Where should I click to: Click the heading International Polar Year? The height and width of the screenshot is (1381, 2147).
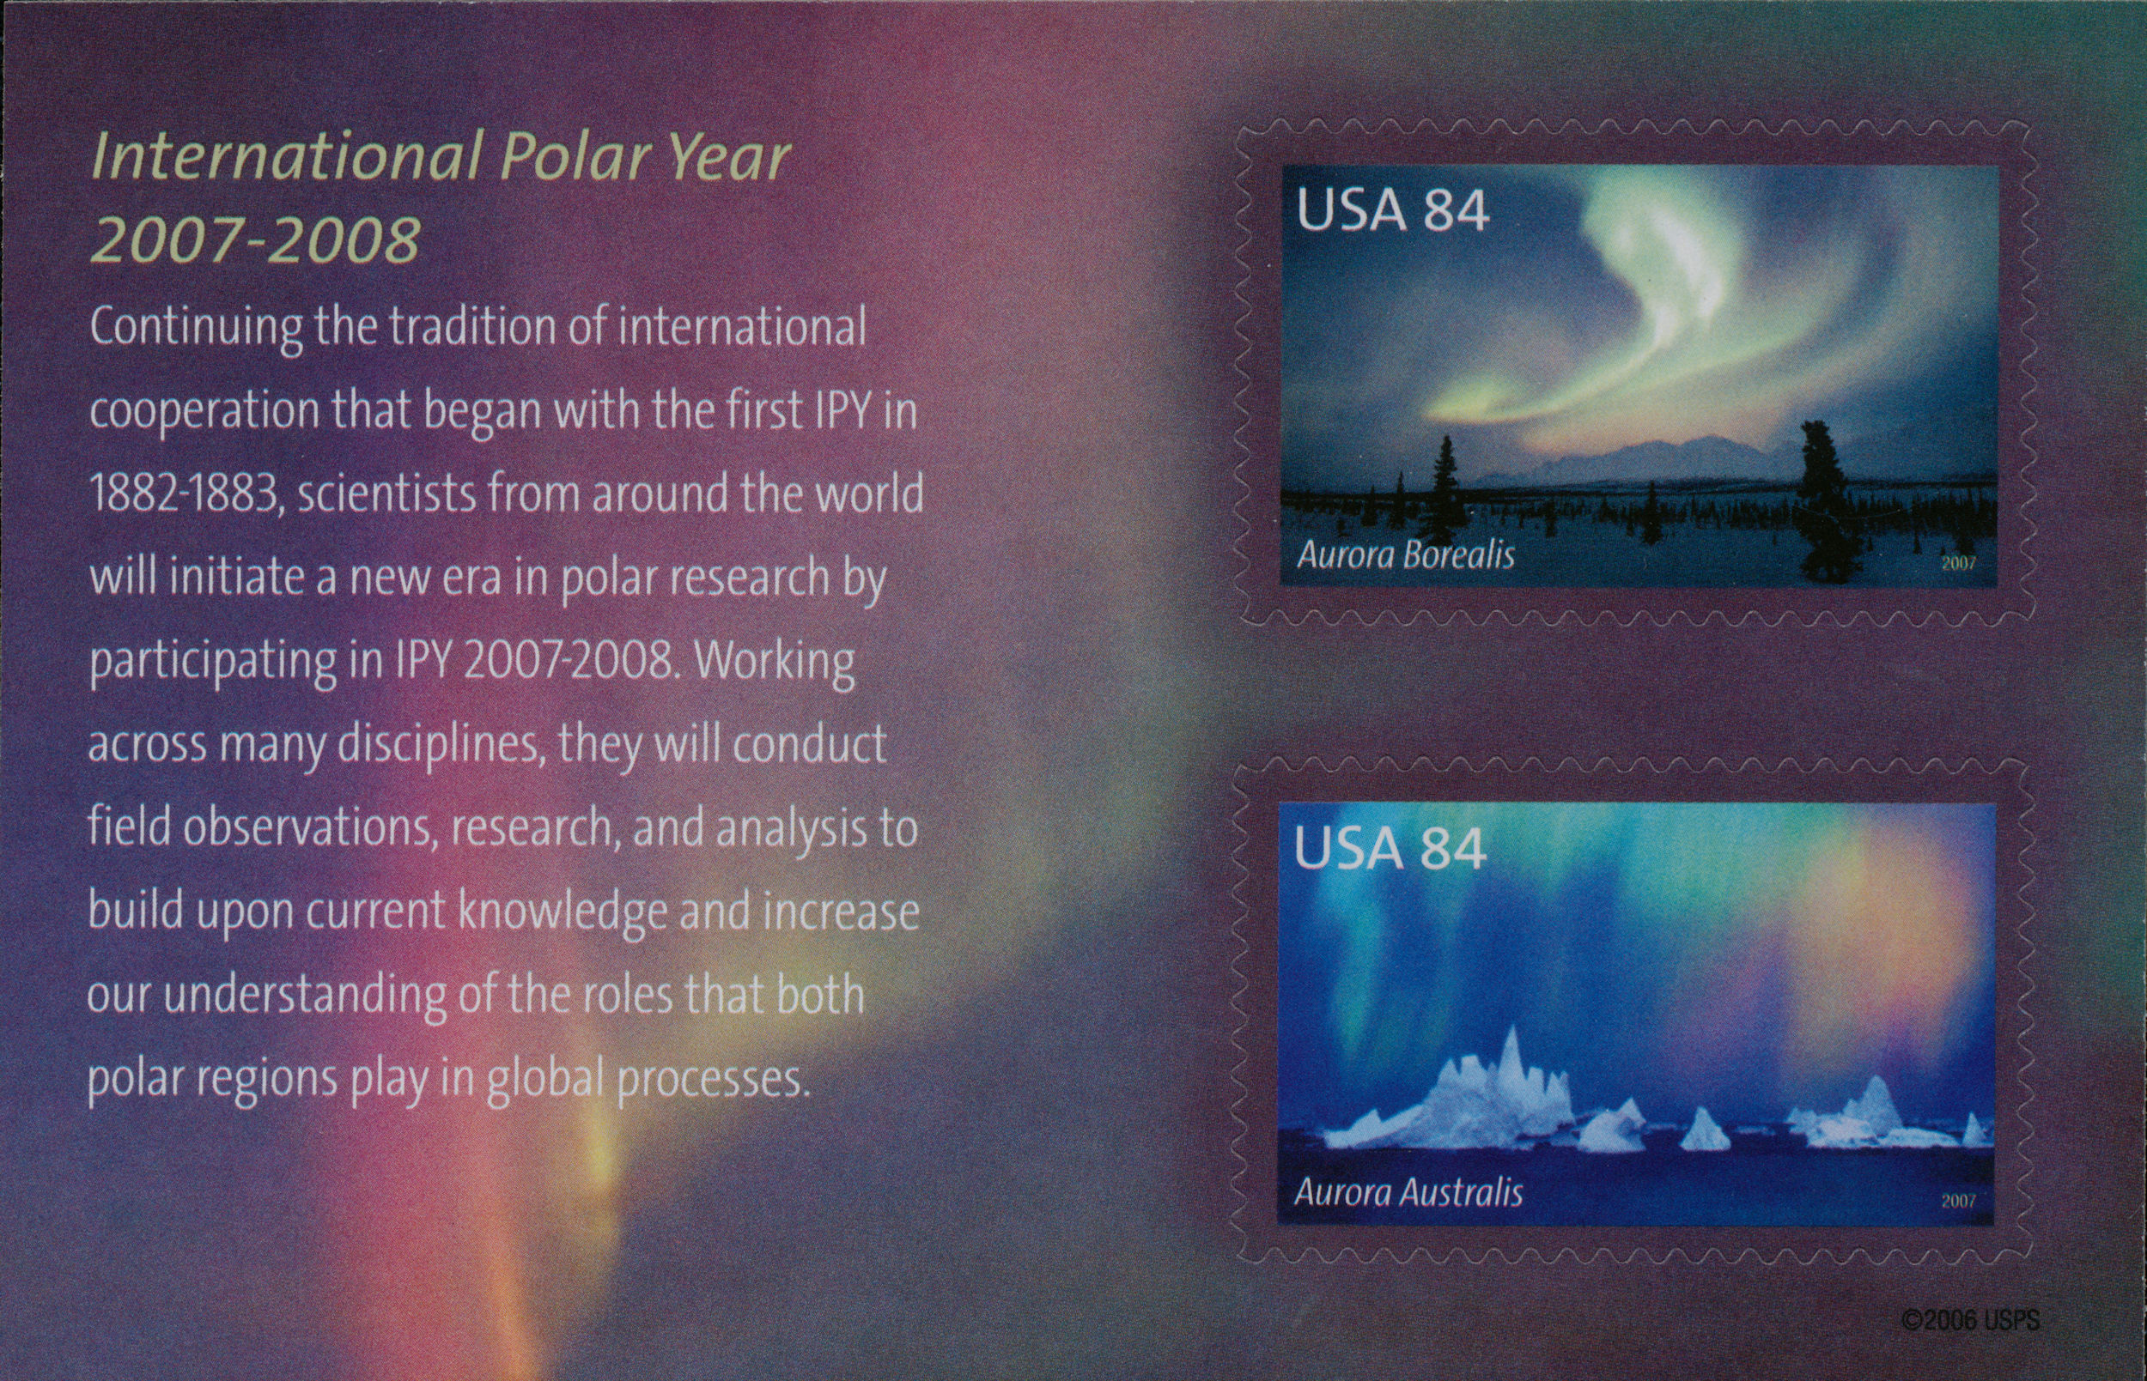click(441, 156)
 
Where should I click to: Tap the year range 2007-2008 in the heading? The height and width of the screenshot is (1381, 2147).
click(256, 239)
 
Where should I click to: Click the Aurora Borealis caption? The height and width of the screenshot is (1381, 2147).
click(1406, 555)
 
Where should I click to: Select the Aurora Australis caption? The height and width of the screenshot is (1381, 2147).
click(1408, 1193)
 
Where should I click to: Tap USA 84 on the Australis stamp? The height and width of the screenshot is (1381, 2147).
click(1390, 847)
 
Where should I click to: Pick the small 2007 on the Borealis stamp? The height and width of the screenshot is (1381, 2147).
click(1959, 563)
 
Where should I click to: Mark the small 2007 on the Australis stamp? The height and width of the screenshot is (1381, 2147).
click(1959, 1201)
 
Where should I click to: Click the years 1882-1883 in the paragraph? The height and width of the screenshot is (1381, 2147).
click(183, 494)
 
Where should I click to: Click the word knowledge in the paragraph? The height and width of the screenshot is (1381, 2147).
click(563, 913)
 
